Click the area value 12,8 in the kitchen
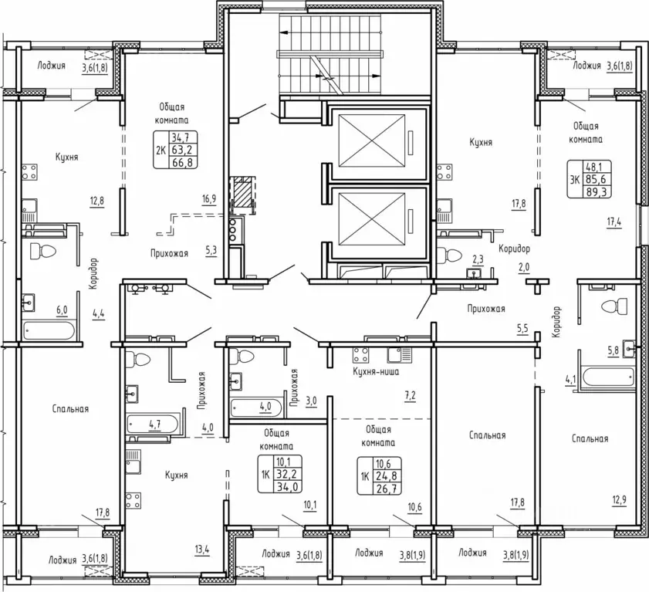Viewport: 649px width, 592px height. [x=97, y=201]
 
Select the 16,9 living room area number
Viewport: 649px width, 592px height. [x=209, y=199]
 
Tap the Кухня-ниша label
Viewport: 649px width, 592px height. [x=376, y=371]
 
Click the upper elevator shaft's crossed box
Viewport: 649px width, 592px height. [x=372, y=141]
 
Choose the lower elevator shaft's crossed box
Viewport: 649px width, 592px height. [x=372, y=219]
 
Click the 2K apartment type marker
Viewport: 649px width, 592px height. [x=161, y=150]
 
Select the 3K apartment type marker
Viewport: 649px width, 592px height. [x=575, y=180]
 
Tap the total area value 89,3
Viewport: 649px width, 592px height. [x=597, y=192]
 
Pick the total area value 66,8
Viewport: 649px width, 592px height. [x=184, y=162]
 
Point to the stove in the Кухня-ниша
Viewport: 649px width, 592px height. [x=360, y=355]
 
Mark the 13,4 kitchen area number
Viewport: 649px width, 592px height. [x=201, y=550]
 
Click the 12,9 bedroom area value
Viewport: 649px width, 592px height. [x=619, y=500]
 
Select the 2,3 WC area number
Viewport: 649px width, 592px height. [x=478, y=259]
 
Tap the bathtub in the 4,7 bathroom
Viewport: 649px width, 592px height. [x=153, y=425]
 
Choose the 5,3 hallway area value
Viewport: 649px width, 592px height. [x=211, y=250]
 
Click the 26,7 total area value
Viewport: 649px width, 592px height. [x=387, y=489]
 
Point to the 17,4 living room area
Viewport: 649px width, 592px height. [x=614, y=222]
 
